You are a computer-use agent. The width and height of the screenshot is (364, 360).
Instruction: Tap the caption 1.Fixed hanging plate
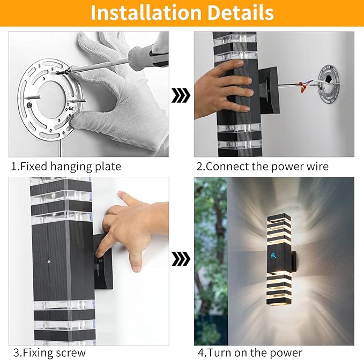pyautogui.click(x=66, y=167)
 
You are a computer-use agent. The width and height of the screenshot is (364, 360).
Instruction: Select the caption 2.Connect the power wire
pyautogui.click(x=267, y=167)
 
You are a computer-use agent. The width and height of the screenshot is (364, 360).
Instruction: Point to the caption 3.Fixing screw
pyautogui.click(x=49, y=352)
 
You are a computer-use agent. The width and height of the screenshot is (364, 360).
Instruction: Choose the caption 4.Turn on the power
pyautogui.click(x=250, y=352)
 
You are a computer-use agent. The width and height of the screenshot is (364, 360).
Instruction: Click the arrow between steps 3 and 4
pyautogui.click(x=181, y=260)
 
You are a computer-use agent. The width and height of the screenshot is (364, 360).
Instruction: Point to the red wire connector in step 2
pyautogui.click(x=307, y=85)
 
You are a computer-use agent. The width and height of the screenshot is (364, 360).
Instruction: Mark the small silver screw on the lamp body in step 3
pyautogui.click(x=49, y=262)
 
